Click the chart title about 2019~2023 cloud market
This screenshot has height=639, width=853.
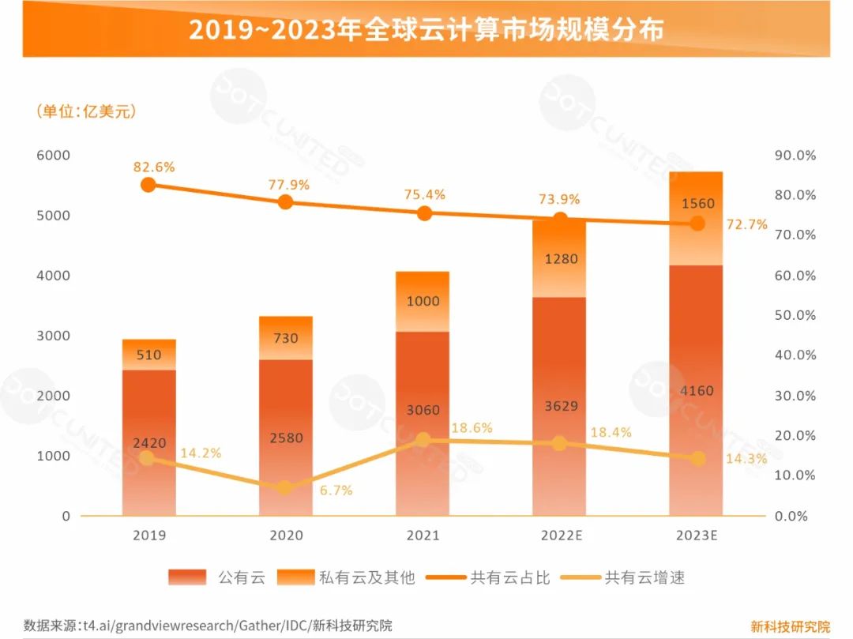point(426,29)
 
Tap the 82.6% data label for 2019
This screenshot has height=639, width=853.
point(154,167)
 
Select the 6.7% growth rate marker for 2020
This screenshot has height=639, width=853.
point(285,487)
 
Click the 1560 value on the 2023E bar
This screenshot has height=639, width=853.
point(697,204)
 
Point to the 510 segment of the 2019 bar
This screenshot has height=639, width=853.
point(148,355)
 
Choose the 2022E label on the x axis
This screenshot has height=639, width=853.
point(561,536)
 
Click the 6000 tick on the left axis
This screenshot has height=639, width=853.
point(53,155)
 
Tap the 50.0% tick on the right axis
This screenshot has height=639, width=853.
point(795,315)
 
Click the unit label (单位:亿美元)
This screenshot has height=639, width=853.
point(86,111)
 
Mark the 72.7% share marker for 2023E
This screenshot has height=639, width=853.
point(697,224)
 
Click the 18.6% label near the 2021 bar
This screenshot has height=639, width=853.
point(472,428)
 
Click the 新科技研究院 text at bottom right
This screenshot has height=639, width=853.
point(790,626)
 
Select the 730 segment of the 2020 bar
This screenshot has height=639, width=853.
point(285,338)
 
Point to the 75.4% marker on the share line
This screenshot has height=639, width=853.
point(424,213)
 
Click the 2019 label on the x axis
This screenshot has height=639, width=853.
point(148,536)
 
